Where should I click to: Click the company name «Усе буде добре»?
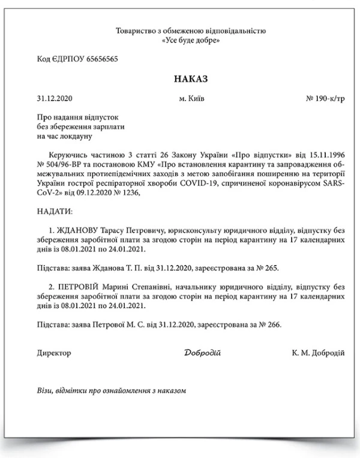(x=191, y=40)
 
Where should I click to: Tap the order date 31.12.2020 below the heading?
(x=54, y=98)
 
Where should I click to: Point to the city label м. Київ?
(x=191, y=98)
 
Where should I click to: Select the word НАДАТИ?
(x=54, y=212)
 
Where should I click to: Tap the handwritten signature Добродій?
(x=203, y=353)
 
